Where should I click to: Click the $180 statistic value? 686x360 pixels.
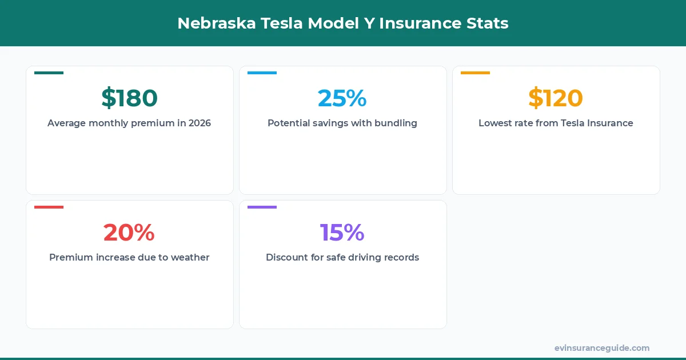click(129, 98)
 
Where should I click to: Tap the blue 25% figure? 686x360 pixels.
click(342, 98)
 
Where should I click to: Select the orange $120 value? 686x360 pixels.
click(555, 98)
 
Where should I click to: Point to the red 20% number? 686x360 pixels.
click(129, 233)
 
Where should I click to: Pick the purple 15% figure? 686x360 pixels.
click(342, 233)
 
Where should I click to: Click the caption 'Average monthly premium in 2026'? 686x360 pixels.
click(129, 123)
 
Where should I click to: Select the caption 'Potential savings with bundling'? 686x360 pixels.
click(342, 123)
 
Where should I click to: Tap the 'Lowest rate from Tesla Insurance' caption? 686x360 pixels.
click(555, 123)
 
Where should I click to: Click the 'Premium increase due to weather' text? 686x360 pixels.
click(129, 257)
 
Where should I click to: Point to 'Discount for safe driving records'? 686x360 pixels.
click(342, 257)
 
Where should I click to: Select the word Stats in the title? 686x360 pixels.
click(488, 23)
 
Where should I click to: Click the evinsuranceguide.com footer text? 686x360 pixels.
click(601, 348)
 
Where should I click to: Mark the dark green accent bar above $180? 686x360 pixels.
click(49, 73)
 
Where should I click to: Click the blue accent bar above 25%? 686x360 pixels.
click(262, 73)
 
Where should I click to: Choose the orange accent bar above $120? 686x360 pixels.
click(475, 73)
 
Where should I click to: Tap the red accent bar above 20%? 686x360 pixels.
click(49, 207)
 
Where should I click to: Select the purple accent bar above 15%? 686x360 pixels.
click(262, 207)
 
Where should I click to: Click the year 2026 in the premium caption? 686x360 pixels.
click(200, 123)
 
